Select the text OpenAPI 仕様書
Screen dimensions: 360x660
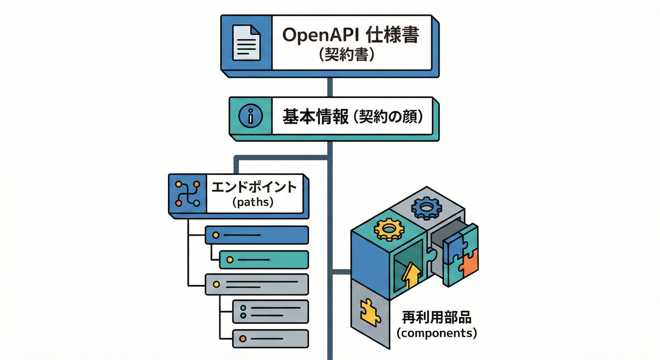click(x=350, y=36)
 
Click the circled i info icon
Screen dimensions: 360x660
click(x=249, y=117)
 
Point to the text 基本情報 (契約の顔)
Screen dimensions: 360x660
click(x=352, y=117)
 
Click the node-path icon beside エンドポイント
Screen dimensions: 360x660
click(x=187, y=194)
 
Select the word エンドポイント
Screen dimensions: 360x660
click(x=254, y=187)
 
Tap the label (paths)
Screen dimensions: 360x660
click(x=253, y=203)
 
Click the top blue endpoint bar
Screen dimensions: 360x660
click(x=257, y=235)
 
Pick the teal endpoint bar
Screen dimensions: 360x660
click(x=264, y=259)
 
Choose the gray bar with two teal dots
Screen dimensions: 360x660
click(x=270, y=312)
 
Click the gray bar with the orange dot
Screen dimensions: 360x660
click(x=270, y=338)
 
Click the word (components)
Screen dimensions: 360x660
click(x=436, y=334)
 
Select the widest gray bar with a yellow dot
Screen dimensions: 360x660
click(x=257, y=284)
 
